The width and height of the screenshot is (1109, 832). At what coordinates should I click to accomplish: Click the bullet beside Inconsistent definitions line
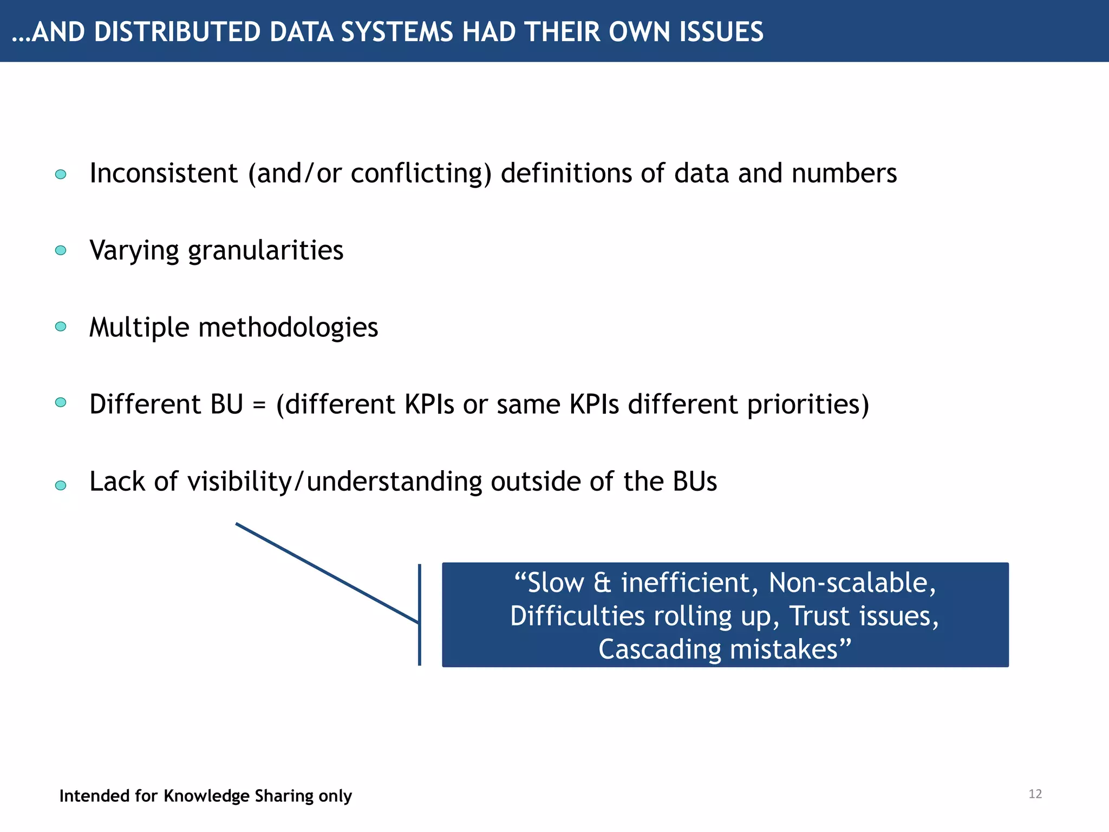click(x=61, y=174)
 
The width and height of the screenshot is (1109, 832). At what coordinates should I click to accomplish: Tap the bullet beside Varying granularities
click(x=61, y=250)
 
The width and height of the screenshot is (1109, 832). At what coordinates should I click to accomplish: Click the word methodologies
click(x=288, y=328)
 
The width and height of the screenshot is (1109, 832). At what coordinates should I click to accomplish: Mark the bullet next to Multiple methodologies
click(x=61, y=327)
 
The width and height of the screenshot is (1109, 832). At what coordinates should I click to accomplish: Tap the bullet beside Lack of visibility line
click(x=61, y=485)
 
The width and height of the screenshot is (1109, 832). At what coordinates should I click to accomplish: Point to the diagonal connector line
click(x=327, y=573)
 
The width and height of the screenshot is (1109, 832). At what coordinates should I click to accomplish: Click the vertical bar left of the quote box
click(x=420, y=615)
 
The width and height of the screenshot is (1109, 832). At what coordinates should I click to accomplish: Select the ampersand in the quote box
click(x=602, y=583)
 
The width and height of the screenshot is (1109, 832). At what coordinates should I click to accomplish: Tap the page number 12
click(x=1035, y=794)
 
